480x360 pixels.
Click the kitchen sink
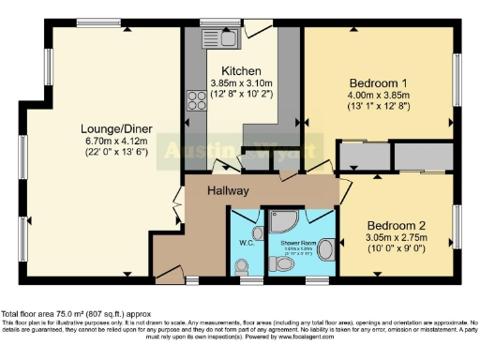coord(229,37)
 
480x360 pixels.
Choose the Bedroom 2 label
coord(397,226)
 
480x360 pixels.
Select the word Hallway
coord(228,191)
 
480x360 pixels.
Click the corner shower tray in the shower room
coord(282,218)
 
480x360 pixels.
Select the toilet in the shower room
coord(285,264)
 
